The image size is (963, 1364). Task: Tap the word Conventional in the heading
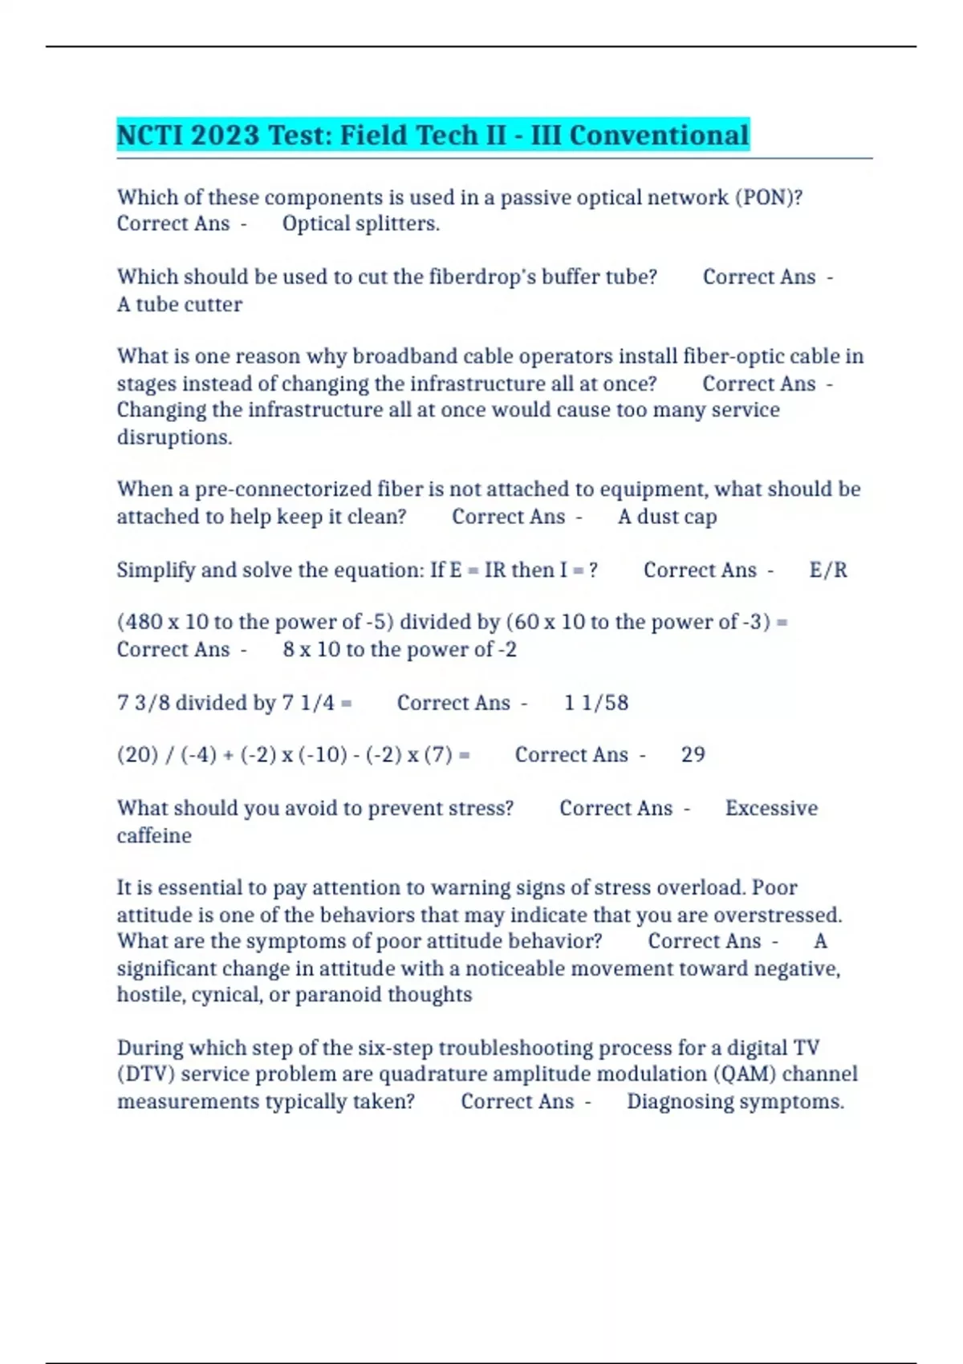click(x=659, y=135)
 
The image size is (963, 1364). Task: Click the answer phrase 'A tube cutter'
click(x=180, y=305)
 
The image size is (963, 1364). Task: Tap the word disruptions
click(x=174, y=437)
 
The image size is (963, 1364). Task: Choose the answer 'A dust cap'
click(x=667, y=517)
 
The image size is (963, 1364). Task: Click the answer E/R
click(x=828, y=570)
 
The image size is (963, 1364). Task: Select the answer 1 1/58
click(x=596, y=703)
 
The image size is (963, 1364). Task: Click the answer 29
click(x=693, y=755)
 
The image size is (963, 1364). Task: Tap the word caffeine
click(x=154, y=836)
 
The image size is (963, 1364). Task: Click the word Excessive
click(x=771, y=808)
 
